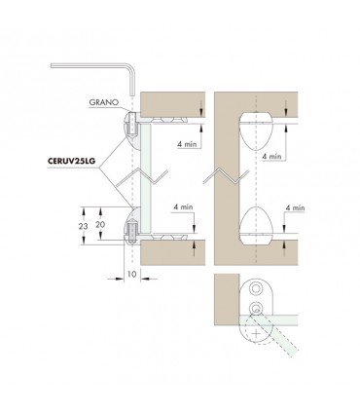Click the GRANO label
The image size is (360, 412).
click(x=104, y=102)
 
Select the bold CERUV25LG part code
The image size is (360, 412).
click(x=71, y=161)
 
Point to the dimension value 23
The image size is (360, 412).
click(x=83, y=226)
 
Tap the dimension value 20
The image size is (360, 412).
click(x=100, y=224)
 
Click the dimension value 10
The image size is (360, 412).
click(x=131, y=275)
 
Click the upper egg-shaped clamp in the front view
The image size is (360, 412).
click(x=256, y=131)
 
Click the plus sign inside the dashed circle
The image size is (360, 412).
click(x=257, y=334)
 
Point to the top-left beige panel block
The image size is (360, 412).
click(x=172, y=104)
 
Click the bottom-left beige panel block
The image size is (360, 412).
click(x=172, y=252)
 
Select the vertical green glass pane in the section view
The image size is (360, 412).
click(x=146, y=178)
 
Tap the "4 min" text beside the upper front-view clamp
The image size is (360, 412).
click(x=271, y=156)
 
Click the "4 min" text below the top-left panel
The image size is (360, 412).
click(x=187, y=144)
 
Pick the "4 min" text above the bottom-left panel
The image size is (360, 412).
click(x=183, y=206)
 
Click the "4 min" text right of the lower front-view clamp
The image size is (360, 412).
click(x=295, y=207)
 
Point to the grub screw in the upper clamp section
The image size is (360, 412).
click(x=132, y=125)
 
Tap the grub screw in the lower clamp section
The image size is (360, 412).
click(x=132, y=233)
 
